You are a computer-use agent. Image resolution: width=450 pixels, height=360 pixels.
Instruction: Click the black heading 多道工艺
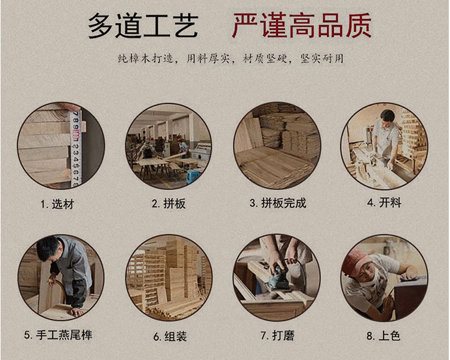[x=143, y=26]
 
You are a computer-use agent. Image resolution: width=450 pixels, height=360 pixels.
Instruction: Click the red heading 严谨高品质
[x=302, y=26]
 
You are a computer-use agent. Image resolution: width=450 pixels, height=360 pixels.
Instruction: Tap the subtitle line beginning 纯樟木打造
[x=231, y=59]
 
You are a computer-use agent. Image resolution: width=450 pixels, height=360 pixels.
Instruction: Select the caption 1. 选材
[x=57, y=204]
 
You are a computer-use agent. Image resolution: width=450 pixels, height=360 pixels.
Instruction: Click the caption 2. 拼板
[x=169, y=204]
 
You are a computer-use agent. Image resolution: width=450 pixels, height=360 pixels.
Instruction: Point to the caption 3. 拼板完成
[x=278, y=203]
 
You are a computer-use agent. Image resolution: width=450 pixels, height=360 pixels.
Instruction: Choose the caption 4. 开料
[x=384, y=202]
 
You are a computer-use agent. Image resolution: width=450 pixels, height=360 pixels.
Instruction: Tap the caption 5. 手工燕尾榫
[x=58, y=335]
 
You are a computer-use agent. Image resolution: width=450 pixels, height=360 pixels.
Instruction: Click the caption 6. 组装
[x=170, y=336]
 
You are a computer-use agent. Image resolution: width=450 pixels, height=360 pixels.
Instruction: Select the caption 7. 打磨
[x=277, y=336]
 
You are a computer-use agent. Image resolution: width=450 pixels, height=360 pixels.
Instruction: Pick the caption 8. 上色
[x=384, y=336]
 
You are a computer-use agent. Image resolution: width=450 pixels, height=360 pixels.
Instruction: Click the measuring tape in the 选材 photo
[x=76, y=149]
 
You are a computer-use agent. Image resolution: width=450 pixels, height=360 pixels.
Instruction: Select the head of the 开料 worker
[x=387, y=118]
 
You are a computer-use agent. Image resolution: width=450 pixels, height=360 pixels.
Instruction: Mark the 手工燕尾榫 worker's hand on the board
[x=76, y=312]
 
